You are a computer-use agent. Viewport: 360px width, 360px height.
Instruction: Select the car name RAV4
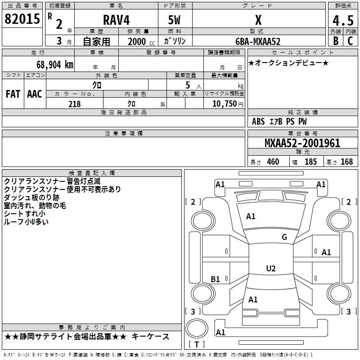pyautogui.click(x=115, y=20)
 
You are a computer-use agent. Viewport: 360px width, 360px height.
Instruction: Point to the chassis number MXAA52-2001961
pyautogui.click(x=302, y=144)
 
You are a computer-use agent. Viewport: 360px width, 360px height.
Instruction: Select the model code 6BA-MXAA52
pyautogui.click(x=258, y=41)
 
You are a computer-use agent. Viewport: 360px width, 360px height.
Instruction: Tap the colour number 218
pyautogui.click(x=74, y=104)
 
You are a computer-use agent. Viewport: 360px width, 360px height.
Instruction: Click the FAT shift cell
pyautogui.click(x=13, y=94)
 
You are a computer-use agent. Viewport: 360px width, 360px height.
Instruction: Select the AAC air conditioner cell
pyautogui.click(x=35, y=94)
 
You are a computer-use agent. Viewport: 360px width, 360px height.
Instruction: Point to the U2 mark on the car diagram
pyautogui.click(x=270, y=269)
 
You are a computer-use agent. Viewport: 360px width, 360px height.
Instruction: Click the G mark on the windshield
pyautogui.click(x=284, y=237)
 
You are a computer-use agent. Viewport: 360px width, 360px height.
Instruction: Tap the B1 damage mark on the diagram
pyautogui.click(x=216, y=279)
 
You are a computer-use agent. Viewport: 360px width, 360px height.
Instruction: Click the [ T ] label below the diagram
pyautogui.click(x=197, y=345)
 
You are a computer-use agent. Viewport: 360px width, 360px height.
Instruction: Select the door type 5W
pyautogui.click(x=175, y=20)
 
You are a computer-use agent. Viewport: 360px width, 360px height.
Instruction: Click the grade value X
pyautogui.click(x=258, y=20)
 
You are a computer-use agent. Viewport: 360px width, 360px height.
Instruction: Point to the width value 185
pyautogui.click(x=310, y=162)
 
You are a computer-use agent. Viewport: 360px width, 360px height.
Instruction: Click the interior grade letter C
pyautogui.click(x=350, y=41)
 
